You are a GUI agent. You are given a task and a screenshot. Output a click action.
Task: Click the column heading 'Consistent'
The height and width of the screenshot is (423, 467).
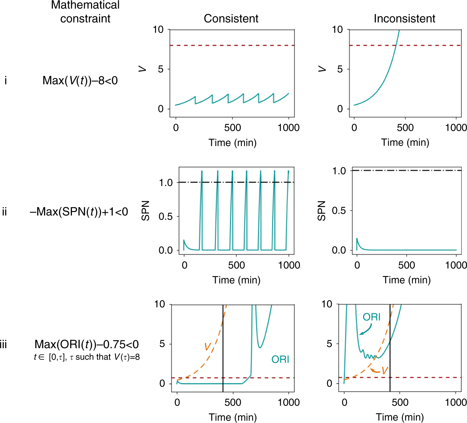click(231, 18)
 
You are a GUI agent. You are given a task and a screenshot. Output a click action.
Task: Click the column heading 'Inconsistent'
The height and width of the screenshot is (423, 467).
click(404, 18)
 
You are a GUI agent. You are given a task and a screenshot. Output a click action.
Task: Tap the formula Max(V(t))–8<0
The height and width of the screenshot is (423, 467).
click(80, 81)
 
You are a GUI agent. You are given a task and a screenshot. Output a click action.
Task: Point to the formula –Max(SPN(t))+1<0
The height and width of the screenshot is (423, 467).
click(79, 212)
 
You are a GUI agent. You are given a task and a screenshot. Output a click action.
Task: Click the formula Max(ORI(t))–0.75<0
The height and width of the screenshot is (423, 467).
click(87, 344)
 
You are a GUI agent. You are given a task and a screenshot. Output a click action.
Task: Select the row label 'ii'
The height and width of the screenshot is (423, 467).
click(5, 212)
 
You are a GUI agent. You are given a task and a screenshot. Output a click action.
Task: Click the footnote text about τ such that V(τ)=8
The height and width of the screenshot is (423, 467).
click(87, 357)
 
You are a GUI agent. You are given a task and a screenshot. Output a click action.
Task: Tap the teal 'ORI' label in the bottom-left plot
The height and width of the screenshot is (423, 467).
click(280, 359)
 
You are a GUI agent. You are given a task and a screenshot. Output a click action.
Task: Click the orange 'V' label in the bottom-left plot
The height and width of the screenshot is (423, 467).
click(207, 347)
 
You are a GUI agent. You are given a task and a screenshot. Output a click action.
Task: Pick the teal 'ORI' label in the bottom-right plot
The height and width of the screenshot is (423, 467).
click(371, 317)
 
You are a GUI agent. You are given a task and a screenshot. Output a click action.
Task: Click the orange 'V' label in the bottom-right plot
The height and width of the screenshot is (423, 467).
click(385, 371)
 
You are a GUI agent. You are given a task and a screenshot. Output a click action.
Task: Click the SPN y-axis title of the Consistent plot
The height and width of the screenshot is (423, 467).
click(146, 211)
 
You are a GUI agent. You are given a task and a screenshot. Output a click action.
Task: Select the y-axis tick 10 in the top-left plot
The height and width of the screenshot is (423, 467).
click(158, 30)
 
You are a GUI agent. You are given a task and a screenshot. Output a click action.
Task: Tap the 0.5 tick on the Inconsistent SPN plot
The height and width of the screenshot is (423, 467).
click(339, 211)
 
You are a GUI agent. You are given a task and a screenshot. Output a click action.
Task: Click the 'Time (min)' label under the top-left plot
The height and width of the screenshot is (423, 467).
click(232, 143)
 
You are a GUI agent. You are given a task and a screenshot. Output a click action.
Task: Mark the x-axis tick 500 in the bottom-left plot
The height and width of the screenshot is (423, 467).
click(232, 402)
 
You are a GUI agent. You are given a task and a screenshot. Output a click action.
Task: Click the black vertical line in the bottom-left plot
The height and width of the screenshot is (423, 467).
click(223, 348)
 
